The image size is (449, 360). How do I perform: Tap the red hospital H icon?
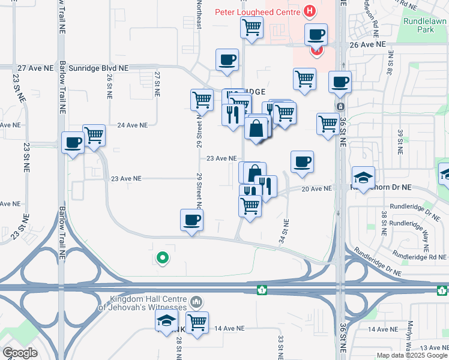coord(310,11)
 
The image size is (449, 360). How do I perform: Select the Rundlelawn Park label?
coord(426,25)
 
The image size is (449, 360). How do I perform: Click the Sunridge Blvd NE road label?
coord(98,68)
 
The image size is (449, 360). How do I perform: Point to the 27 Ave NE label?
coord(35,68)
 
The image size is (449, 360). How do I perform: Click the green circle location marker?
coord(161,259)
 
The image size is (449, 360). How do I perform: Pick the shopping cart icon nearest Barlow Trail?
coord(94,136)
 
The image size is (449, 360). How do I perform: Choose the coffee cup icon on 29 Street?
coord(191,220)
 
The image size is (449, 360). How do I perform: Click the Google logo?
coord(20,352)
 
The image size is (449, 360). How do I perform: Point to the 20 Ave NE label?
coord(316,188)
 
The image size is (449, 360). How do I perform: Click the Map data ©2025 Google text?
coord(412,355)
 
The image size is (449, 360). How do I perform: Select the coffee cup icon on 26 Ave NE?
coord(316,34)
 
